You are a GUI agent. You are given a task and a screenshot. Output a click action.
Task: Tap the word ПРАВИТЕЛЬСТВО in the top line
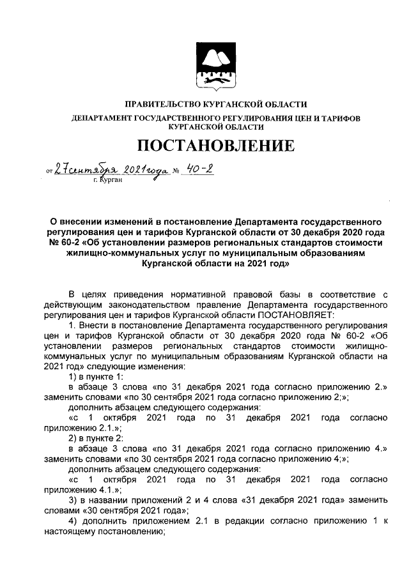point(158,104)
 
